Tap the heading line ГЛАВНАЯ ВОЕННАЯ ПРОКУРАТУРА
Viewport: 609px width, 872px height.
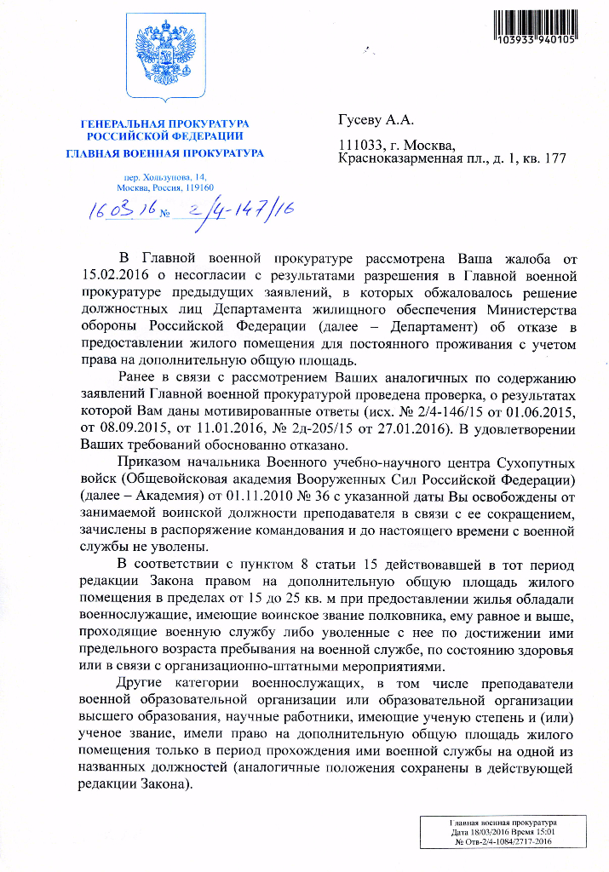pos(165,153)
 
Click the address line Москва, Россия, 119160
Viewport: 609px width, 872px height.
pos(166,186)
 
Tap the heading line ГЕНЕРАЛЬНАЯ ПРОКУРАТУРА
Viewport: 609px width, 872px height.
pos(165,123)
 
